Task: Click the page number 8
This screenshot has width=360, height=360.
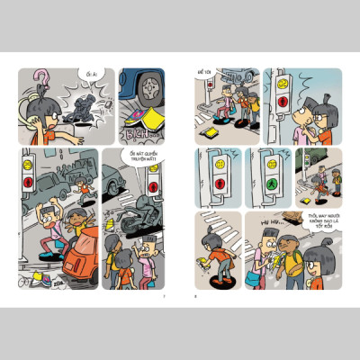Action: (x=195, y=295)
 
